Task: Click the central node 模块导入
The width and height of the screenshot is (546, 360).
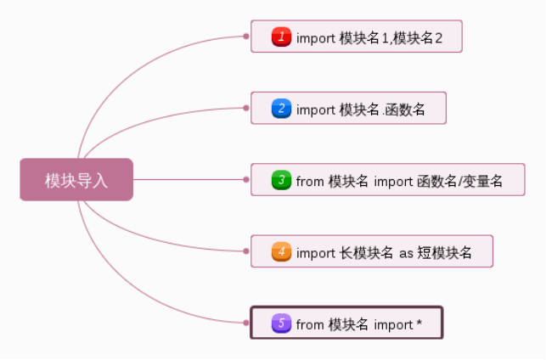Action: [x=76, y=180]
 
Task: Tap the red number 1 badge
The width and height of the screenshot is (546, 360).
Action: [x=282, y=37]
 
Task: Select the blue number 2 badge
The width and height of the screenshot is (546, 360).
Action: [x=282, y=109]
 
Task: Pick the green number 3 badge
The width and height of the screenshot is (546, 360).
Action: [x=282, y=181]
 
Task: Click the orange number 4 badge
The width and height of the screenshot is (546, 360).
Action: [x=282, y=252]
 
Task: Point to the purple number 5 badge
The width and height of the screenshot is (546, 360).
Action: [x=282, y=323]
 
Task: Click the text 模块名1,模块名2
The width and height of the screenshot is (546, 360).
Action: [x=391, y=37]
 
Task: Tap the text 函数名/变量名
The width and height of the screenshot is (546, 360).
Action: [x=460, y=181]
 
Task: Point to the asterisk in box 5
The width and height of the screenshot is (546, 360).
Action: [x=419, y=323]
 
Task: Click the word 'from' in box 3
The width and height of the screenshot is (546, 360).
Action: [x=310, y=181]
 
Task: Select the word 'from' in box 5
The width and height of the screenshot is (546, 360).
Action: [x=310, y=324]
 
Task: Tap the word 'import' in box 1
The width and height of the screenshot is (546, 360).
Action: [x=316, y=38]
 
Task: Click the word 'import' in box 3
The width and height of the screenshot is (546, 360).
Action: [x=392, y=181]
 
